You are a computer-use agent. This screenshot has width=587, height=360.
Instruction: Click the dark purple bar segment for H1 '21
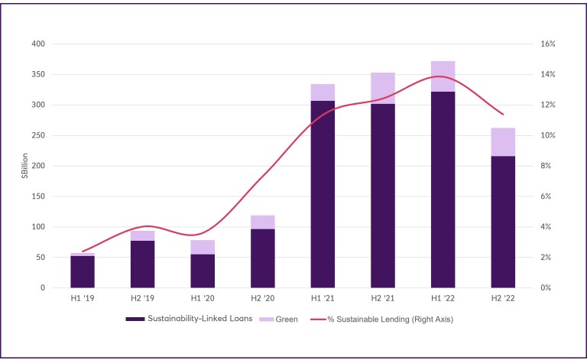point(323,194)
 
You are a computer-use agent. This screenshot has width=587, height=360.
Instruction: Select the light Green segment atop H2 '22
point(503,141)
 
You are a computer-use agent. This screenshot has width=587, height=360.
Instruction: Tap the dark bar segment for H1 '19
point(82,272)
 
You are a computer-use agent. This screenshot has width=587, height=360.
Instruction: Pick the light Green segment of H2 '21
point(383,88)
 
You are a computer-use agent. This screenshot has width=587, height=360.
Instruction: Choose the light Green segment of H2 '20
point(262,222)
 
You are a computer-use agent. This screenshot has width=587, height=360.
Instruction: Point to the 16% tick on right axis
point(548,44)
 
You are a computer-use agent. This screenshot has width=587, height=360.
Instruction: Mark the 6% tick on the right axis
point(546,196)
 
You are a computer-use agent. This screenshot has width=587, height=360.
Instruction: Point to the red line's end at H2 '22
point(503,114)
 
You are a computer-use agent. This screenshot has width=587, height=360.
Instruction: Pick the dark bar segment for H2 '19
point(142,264)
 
